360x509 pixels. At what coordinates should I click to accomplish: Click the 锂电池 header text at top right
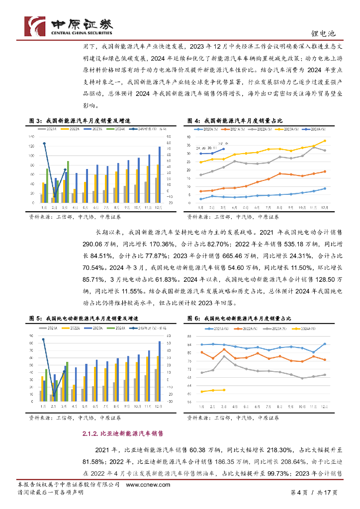[325, 33]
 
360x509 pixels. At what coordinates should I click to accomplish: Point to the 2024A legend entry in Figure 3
[119, 129]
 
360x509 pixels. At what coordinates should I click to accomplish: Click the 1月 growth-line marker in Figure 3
[44, 144]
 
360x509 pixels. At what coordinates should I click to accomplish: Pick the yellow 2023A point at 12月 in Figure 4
[325, 141]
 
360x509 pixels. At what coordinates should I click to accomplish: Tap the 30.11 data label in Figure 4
[212, 148]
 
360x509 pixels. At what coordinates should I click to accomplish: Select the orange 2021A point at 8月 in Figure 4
[280, 173]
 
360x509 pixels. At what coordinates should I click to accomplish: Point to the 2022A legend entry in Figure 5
[73, 328]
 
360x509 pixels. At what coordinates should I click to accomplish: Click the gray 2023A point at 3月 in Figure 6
[224, 356]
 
